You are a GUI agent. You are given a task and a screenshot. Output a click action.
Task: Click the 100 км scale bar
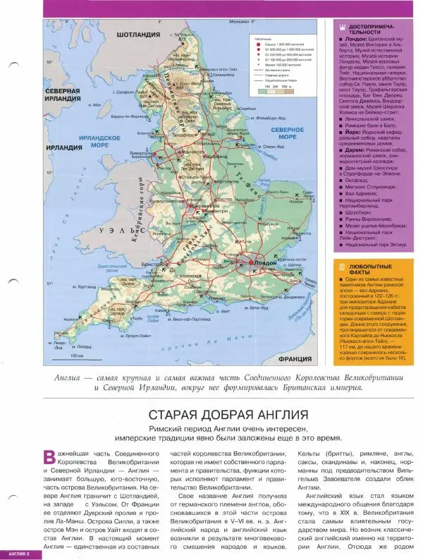tap(264, 87)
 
